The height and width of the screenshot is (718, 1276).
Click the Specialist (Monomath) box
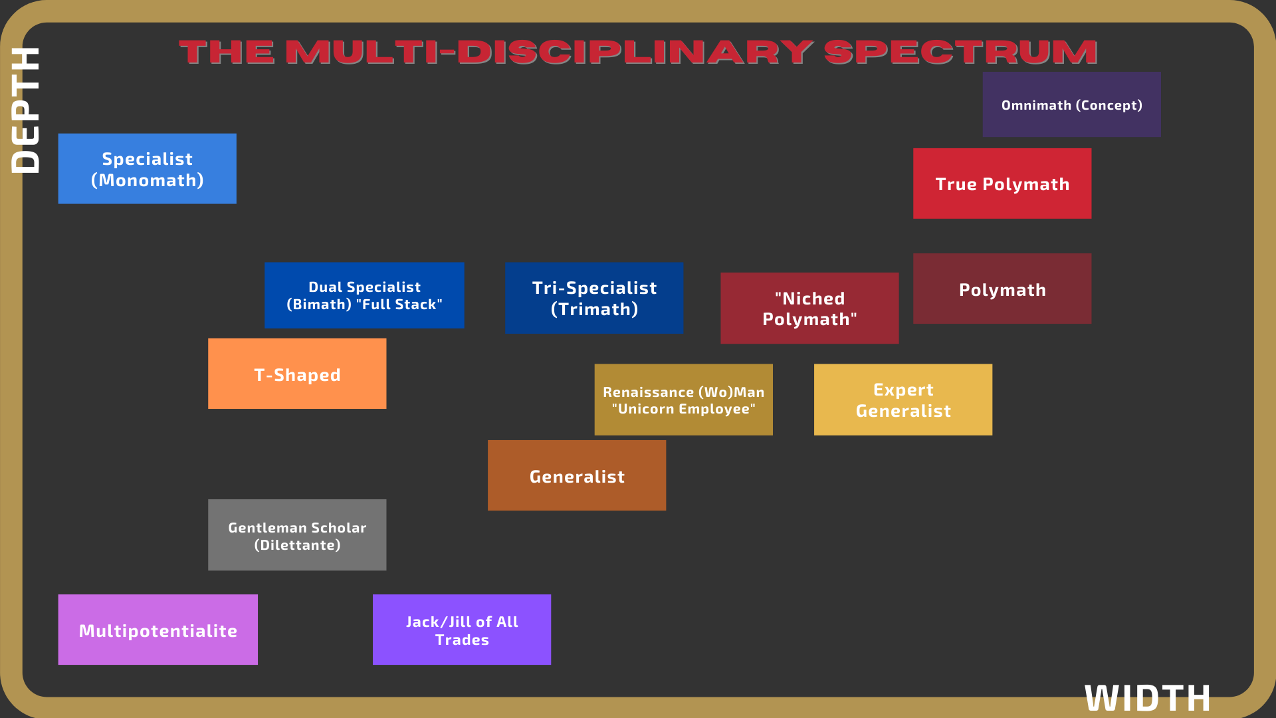[147, 169]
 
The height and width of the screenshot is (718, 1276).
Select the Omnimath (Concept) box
[1071, 104]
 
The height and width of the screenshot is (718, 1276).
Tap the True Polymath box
[1002, 183]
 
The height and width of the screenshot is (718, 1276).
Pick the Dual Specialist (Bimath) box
[364, 295]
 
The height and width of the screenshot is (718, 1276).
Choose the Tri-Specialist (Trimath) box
[593, 298]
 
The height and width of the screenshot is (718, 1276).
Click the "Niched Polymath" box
[809, 308]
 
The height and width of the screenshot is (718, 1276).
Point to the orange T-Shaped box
[297, 374]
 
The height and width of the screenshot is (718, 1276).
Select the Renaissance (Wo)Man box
[683, 400]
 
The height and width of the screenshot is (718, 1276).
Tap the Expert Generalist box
[903, 400]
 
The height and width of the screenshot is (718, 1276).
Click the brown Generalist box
[576, 475]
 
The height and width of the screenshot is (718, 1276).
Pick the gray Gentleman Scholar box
[297, 535]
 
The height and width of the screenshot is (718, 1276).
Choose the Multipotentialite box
[158, 630]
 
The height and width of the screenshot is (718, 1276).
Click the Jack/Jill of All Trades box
[461, 630]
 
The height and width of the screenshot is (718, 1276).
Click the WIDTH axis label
[1147, 698]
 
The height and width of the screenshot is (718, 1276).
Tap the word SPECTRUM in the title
[960, 53]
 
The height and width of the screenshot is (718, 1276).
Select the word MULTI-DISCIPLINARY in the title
[549, 53]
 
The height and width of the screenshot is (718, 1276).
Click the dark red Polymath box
[1002, 289]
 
